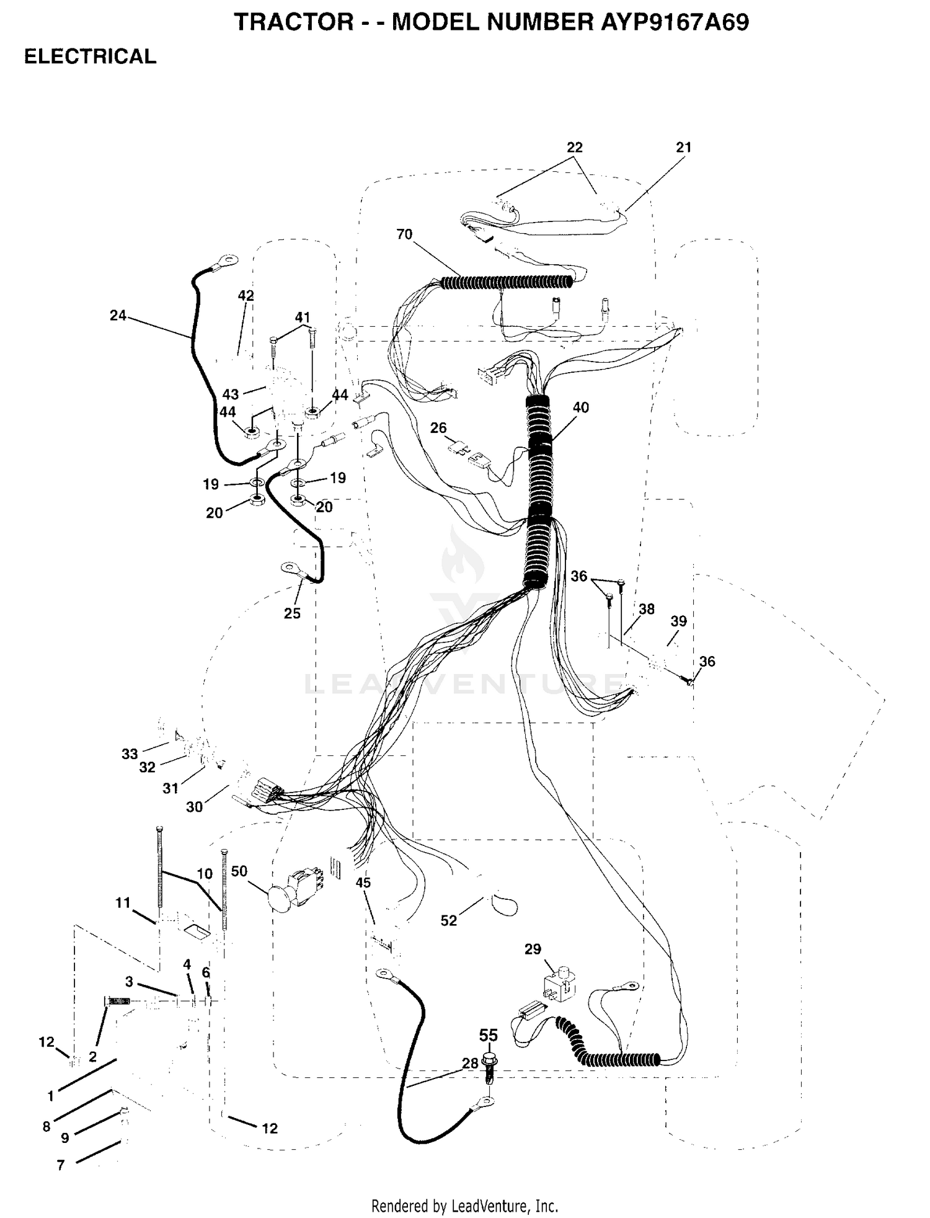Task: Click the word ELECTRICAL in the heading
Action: point(90,56)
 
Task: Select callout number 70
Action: point(404,234)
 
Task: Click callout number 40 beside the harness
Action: point(580,407)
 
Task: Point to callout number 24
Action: point(118,316)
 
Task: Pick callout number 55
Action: point(489,1035)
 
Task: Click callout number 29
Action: point(533,949)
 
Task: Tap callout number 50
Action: point(239,871)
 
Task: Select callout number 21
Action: point(683,148)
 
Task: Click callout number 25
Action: point(292,613)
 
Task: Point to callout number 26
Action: point(438,428)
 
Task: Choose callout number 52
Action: point(448,921)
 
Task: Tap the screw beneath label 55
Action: point(489,1068)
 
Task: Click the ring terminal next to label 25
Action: point(291,568)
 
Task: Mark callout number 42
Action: point(246,296)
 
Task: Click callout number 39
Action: point(679,621)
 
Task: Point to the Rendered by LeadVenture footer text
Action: point(464,1206)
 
